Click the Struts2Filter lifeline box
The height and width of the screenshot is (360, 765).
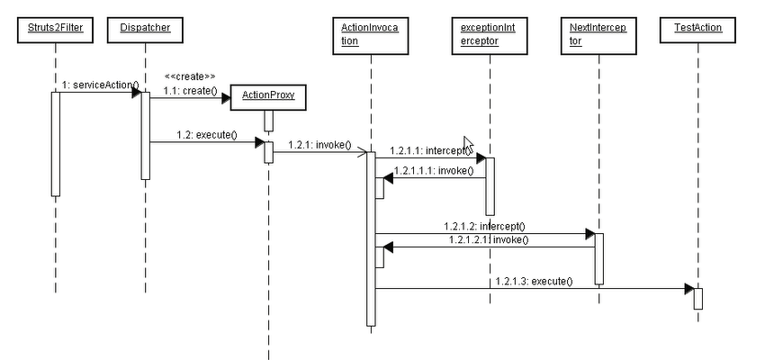55,30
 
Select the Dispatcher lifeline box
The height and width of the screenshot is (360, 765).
145,30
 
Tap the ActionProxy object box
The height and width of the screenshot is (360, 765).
268,95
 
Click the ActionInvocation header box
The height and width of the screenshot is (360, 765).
369,34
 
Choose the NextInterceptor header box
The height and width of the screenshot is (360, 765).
598,34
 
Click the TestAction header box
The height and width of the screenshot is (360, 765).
697,30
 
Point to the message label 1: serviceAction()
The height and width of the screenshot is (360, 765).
100,85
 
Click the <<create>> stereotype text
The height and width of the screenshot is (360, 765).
189,76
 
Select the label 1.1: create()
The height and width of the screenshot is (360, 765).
190,91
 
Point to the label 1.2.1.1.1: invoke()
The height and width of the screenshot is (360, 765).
433,169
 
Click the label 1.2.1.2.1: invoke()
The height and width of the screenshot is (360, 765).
488,239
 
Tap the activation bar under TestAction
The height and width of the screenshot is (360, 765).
697,298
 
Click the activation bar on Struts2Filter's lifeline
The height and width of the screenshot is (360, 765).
55,143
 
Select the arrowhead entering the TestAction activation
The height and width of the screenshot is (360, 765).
688,289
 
